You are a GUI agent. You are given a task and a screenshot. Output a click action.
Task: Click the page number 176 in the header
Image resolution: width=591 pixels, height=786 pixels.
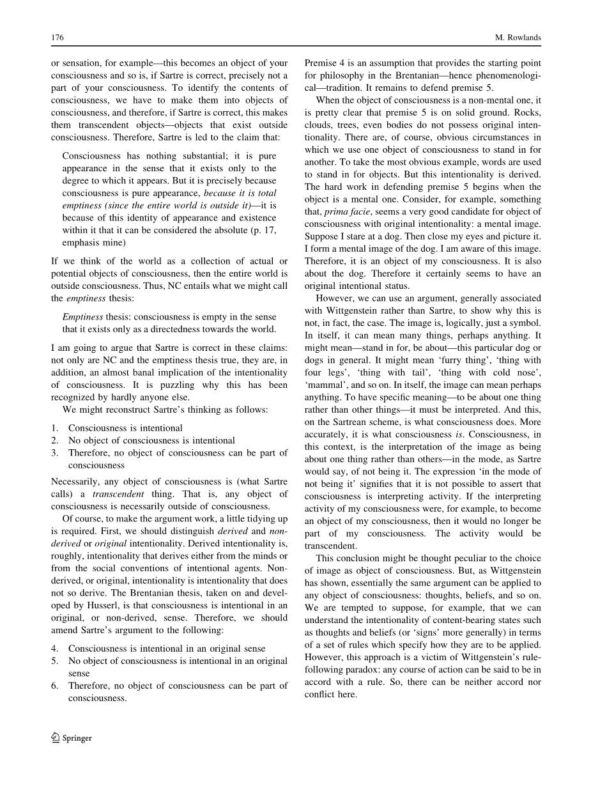point(58,38)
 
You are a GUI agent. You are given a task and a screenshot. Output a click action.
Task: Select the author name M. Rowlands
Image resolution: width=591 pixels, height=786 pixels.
point(518,38)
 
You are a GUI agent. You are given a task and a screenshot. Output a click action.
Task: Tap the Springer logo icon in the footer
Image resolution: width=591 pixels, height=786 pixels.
point(56,737)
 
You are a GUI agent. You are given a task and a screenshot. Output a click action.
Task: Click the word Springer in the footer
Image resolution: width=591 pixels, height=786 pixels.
point(77,738)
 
